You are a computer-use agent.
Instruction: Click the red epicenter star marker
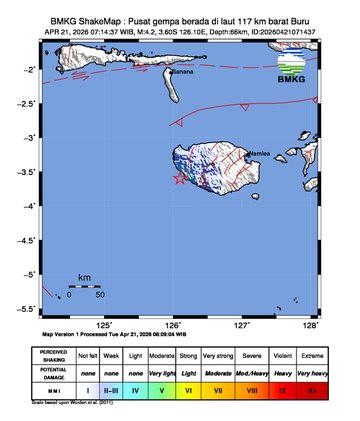pos(179,178)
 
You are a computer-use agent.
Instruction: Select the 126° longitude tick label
pos(173,325)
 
